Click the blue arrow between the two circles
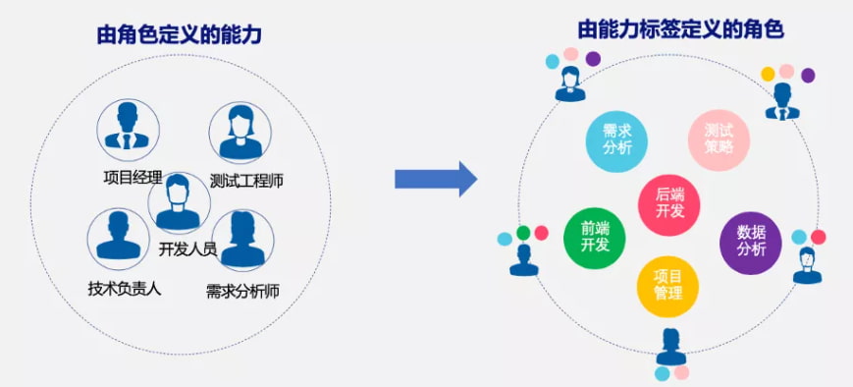tap(436, 179)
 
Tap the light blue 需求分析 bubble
tap(616, 141)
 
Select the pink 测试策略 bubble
tap(720, 139)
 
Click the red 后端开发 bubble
tap(669, 204)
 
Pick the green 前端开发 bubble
tap(595, 238)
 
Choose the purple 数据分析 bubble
tap(751, 243)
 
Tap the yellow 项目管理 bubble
tap(668, 286)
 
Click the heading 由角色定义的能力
tap(179, 34)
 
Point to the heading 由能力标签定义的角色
tap(680, 29)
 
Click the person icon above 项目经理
tap(128, 130)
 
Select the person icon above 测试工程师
tap(240, 133)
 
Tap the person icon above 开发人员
tap(179, 203)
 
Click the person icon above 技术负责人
tap(119, 239)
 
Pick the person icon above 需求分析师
tap(242, 241)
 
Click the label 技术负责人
tap(125, 288)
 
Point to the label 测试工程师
tap(246, 181)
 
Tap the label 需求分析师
tap(242, 292)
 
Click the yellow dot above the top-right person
tap(768, 74)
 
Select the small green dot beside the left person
tap(523, 233)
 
